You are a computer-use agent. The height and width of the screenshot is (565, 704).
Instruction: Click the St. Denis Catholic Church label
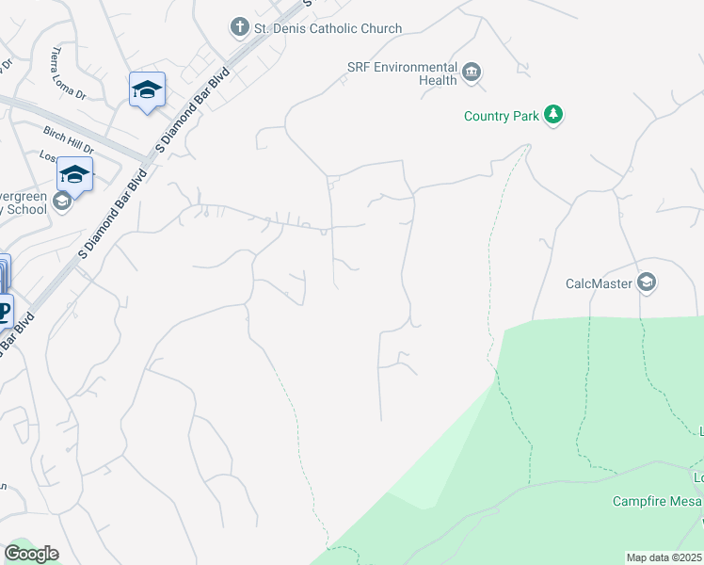[x=328, y=28]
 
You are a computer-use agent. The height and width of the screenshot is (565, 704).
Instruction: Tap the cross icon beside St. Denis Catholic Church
[x=240, y=27]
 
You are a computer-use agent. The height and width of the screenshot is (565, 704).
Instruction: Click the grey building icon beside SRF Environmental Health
[x=472, y=72]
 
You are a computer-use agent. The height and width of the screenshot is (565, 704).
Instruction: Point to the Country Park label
[x=502, y=116]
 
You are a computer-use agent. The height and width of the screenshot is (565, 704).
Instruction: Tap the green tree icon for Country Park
[x=554, y=115]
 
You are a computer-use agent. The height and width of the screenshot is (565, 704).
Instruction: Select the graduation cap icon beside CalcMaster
[x=647, y=282]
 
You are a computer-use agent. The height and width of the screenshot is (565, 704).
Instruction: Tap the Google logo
[x=30, y=554]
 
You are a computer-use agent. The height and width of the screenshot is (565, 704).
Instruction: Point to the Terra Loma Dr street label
[x=68, y=74]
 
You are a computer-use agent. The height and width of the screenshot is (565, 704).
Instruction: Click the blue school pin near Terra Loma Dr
[x=147, y=90]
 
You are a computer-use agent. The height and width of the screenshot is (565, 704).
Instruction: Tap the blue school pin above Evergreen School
[x=74, y=174]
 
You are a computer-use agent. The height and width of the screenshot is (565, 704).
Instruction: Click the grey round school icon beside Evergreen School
[x=62, y=201]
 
